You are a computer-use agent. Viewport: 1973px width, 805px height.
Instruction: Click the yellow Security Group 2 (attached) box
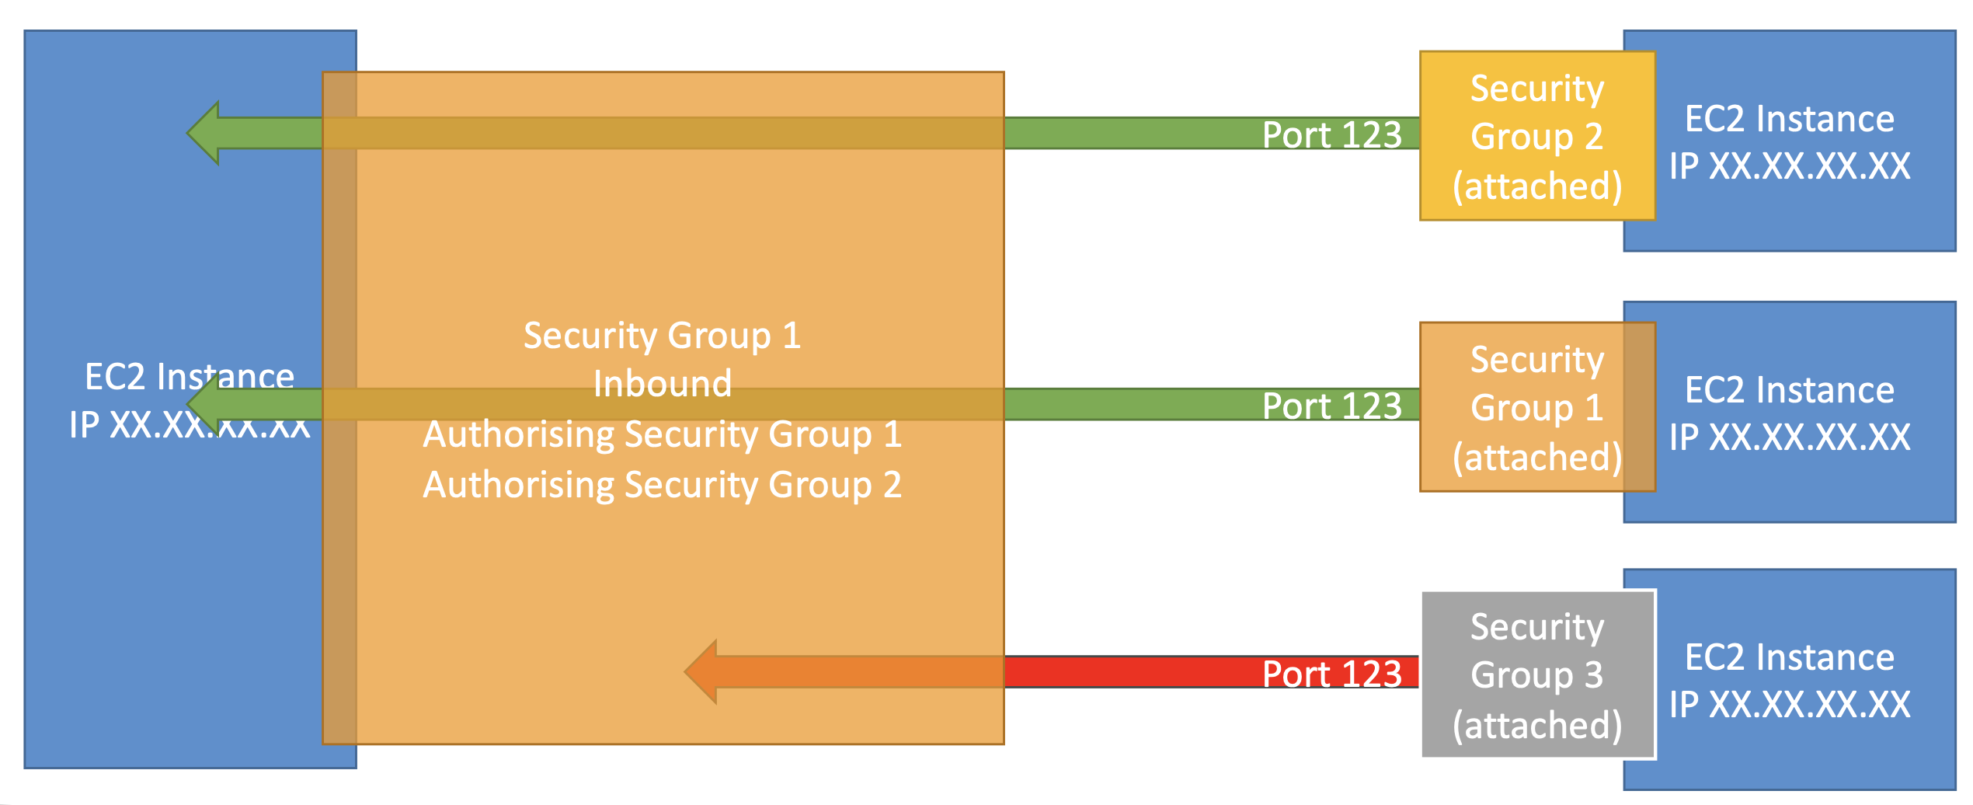tap(1537, 136)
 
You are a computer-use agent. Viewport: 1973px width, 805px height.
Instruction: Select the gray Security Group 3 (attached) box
tap(1539, 674)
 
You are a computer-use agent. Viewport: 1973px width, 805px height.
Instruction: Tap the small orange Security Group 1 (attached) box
tap(1537, 407)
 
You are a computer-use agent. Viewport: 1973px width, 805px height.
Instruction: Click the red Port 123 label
tap(1331, 674)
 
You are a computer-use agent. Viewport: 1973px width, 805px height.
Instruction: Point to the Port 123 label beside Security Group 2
tap(1331, 134)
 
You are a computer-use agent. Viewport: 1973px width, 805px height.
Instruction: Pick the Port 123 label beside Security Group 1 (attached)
tap(1331, 406)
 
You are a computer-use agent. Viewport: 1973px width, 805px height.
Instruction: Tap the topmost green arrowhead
tap(203, 133)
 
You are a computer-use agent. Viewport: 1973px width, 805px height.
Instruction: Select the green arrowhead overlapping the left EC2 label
tap(203, 404)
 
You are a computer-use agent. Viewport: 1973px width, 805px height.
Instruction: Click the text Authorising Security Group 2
tap(663, 485)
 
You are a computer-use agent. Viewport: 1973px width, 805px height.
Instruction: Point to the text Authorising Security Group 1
tap(663, 434)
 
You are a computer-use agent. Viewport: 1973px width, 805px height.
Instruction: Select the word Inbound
tap(663, 384)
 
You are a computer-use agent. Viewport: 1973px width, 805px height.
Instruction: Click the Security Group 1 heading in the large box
tap(663, 336)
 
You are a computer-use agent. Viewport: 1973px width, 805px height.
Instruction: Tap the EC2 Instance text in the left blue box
tap(190, 377)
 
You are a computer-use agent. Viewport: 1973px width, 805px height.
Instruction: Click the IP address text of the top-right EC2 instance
tap(1790, 166)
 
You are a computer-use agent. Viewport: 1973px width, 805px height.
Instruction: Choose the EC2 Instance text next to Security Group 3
tap(1790, 657)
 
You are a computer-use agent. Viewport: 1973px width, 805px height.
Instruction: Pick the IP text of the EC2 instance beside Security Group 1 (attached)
tap(1790, 437)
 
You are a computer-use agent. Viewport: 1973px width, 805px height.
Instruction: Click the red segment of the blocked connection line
tap(1212, 672)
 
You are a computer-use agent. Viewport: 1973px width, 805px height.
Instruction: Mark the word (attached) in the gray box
tap(1537, 725)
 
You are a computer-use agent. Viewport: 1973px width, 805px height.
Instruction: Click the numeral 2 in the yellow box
tap(1594, 136)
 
